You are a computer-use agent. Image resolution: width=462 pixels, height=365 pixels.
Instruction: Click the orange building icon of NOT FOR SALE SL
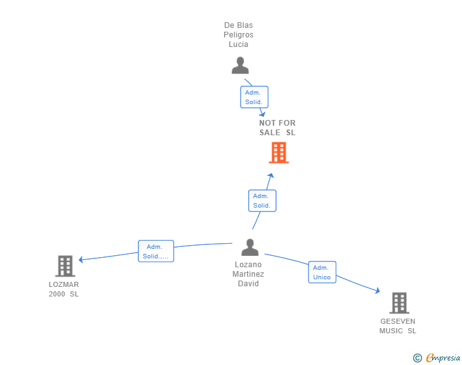click(x=279, y=152)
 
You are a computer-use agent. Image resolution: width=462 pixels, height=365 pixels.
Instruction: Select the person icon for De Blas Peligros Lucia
click(x=240, y=65)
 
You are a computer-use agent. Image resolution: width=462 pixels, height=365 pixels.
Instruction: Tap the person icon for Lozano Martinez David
click(x=250, y=247)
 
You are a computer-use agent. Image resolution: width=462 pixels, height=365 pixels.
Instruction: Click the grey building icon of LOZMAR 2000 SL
click(x=65, y=266)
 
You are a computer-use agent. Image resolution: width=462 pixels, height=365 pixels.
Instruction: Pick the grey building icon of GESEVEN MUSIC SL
click(x=399, y=303)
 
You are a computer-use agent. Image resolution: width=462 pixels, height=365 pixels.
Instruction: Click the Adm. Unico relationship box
click(x=322, y=272)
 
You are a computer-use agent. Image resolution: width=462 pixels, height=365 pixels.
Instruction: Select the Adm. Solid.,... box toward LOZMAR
click(x=156, y=251)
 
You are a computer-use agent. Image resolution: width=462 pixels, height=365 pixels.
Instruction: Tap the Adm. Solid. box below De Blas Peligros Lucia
click(x=254, y=97)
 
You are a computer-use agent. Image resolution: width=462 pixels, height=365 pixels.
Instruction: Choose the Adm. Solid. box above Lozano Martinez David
click(x=262, y=201)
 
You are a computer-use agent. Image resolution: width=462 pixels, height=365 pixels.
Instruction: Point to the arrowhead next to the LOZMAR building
click(x=81, y=260)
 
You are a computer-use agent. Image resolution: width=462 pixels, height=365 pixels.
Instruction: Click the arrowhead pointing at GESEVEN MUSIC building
click(x=378, y=291)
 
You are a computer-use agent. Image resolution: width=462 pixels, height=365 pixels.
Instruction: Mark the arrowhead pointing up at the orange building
click(x=271, y=175)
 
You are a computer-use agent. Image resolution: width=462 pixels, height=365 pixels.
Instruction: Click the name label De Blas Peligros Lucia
click(x=239, y=35)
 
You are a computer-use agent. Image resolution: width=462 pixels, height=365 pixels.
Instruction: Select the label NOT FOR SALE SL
click(x=277, y=128)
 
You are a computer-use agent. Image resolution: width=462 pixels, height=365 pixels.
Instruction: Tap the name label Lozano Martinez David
click(x=248, y=274)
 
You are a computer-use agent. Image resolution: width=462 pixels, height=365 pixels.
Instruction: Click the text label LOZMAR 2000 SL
click(x=63, y=289)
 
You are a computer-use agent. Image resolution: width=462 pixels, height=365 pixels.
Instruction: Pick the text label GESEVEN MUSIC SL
click(x=398, y=326)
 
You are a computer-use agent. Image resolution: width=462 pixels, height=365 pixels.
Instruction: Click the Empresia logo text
click(x=443, y=358)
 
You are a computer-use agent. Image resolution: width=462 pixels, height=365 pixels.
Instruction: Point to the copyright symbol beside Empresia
click(x=418, y=358)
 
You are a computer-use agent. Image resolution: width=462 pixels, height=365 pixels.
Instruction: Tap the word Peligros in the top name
click(x=239, y=35)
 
